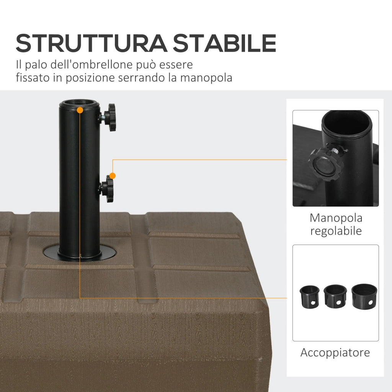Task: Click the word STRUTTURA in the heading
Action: (x=91, y=43)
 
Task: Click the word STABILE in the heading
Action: (x=224, y=43)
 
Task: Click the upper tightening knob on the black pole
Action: (x=111, y=117)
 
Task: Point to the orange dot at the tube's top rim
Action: (x=80, y=110)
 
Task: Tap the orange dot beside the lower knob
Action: (x=112, y=176)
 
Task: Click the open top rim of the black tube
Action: (x=79, y=104)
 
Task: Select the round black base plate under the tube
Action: (x=79, y=253)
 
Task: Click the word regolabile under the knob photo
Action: (x=336, y=231)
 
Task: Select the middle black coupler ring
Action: (x=335, y=295)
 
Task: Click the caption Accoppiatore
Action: (x=335, y=353)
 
